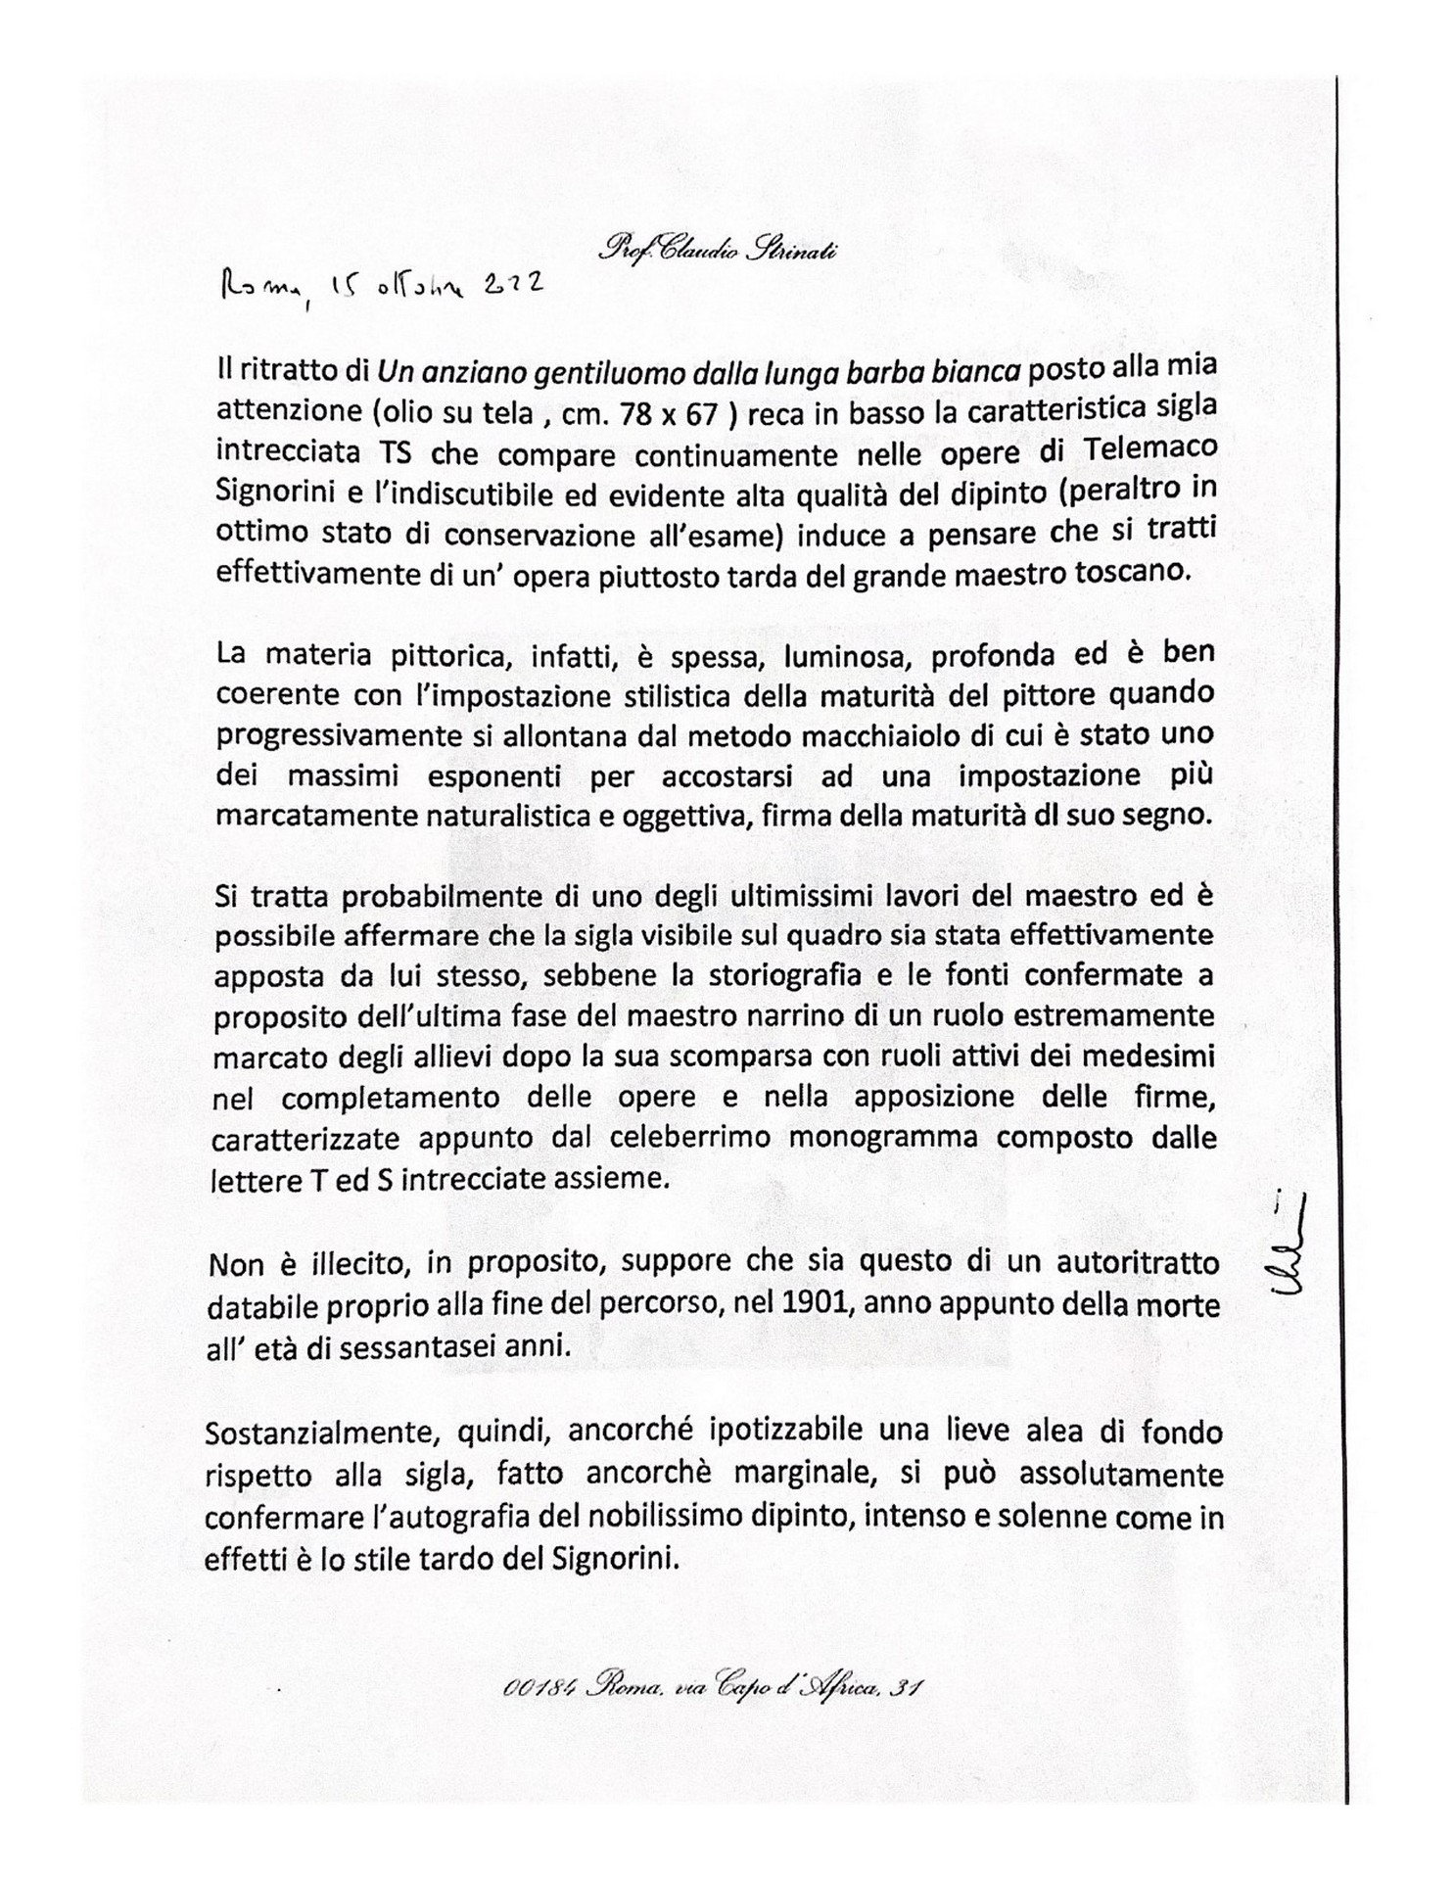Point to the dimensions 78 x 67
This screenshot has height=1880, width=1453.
pos(674,413)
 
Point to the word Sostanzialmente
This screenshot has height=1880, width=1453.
pos(315,1434)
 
